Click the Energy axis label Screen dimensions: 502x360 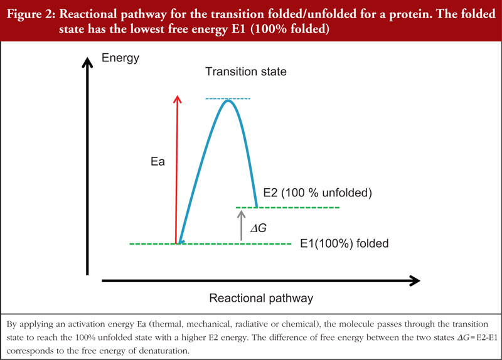tap(120, 58)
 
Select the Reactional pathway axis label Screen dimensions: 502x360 tap(261, 298)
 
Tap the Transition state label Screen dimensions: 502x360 tap(246, 71)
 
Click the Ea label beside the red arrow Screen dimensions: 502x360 tap(158, 161)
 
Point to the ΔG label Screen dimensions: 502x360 tap(259, 228)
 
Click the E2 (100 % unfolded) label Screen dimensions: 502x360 tap(318, 193)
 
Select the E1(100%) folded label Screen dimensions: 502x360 tap(344, 243)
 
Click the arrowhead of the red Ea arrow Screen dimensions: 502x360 tap(177, 99)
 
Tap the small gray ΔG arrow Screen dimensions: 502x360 tap(242, 226)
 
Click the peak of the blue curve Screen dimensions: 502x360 tap(228, 101)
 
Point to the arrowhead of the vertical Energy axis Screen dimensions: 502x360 tap(87, 62)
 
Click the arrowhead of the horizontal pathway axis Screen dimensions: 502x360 tap(415, 280)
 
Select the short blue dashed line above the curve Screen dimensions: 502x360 tap(228, 98)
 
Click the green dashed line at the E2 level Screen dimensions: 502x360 tap(287, 208)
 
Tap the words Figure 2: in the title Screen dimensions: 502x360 tap(31, 14)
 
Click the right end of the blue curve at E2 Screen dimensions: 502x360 tap(256, 207)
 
